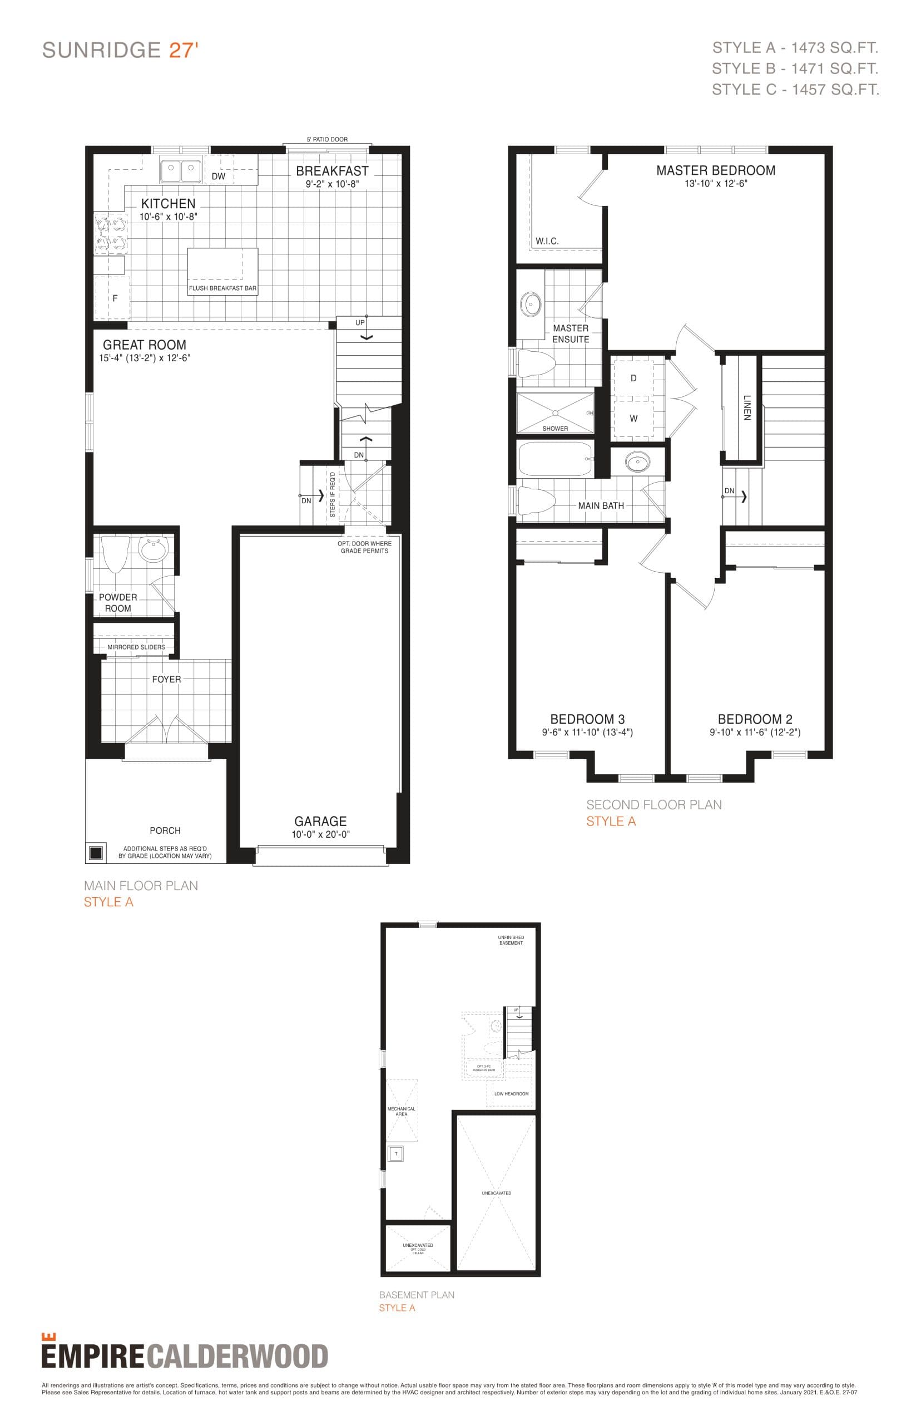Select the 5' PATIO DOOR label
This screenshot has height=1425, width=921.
327,140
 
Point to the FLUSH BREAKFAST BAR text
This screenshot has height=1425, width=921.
222,288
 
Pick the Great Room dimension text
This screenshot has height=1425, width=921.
145,358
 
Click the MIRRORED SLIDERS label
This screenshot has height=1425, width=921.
136,647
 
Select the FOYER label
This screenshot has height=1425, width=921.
166,679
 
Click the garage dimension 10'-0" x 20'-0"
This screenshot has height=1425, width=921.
320,834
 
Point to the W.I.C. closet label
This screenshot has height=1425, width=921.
547,241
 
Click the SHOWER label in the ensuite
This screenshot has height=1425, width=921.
555,429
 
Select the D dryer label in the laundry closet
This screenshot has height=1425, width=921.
633,379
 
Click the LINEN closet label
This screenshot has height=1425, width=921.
746,407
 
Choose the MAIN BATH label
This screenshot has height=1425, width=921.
601,506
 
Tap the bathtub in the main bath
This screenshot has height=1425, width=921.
556,459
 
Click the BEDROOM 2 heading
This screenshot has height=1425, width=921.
755,719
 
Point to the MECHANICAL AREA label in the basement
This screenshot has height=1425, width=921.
402,1112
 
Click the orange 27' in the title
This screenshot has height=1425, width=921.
183,50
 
